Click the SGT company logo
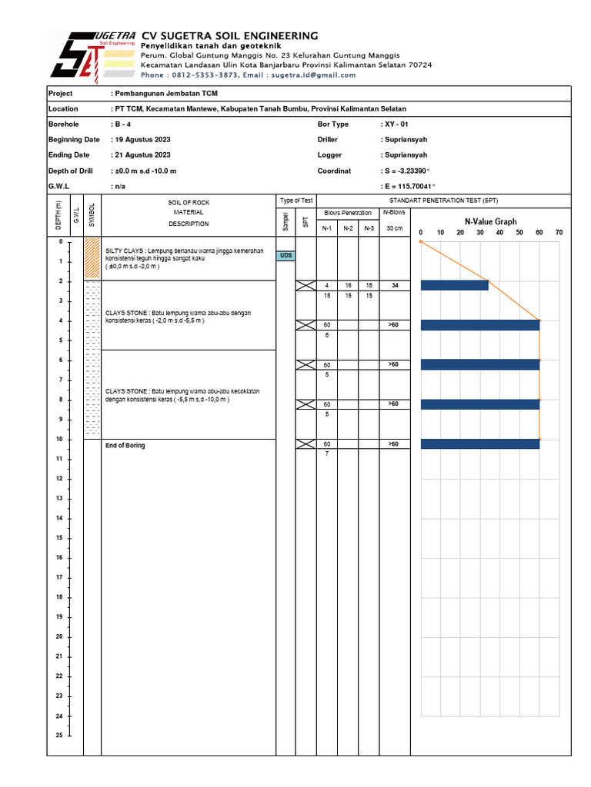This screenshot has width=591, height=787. pyautogui.click(x=92, y=56)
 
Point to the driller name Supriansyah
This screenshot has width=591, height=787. pyautogui.click(x=406, y=140)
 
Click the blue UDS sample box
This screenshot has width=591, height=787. pyautogui.click(x=286, y=256)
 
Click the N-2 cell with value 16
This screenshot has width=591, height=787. pyautogui.click(x=348, y=285)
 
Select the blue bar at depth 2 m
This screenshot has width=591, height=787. pyautogui.click(x=455, y=285)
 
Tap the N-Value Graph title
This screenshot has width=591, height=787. pyautogui.click(x=490, y=221)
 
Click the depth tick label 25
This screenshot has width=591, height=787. pyautogui.click(x=59, y=736)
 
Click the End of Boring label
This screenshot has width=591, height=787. pyautogui.click(x=125, y=446)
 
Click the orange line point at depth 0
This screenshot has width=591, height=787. pyautogui.click(x=421, y=241)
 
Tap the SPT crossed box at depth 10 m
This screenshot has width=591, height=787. pyautogui.click(x=306, y=444)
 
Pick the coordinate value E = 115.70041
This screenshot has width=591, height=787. pyautogui.click(x=408, y=187)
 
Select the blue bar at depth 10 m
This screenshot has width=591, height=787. pyautogui.click(x=480, y=443)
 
